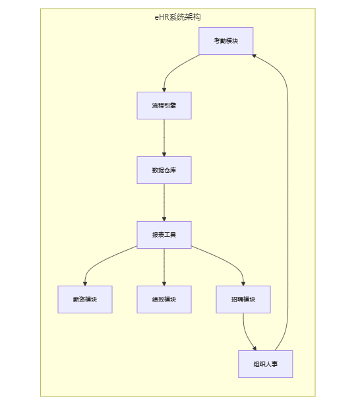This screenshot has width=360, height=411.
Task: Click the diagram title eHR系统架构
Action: (177, 17)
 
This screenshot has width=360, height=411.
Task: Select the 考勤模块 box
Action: (226, 41)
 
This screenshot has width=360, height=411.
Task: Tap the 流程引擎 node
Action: (164, 106)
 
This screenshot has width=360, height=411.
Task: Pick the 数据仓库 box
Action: (164, 170)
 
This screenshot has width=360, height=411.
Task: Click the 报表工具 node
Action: (164, 235)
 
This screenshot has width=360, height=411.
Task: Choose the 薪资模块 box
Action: (85, 300)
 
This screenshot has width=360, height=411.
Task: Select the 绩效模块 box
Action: (164, 300)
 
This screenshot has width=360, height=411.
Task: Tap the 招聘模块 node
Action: (243, 300)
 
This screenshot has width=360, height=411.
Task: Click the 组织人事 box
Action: (266, 364)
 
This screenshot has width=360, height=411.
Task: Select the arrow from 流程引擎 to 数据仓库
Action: (164, 138)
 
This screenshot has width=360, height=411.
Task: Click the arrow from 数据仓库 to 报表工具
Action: (164, 203)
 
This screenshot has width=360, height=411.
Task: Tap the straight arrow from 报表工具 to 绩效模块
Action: (164, 267)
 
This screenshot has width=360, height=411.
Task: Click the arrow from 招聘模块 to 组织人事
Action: (246, 333)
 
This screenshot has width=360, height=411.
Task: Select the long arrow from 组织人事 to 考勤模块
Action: (288, 203)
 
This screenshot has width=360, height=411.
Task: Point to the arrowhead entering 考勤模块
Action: (254, 56)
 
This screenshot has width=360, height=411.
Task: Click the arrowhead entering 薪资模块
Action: (85, 284)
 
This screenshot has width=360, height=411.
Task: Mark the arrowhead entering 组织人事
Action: (255, 348)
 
